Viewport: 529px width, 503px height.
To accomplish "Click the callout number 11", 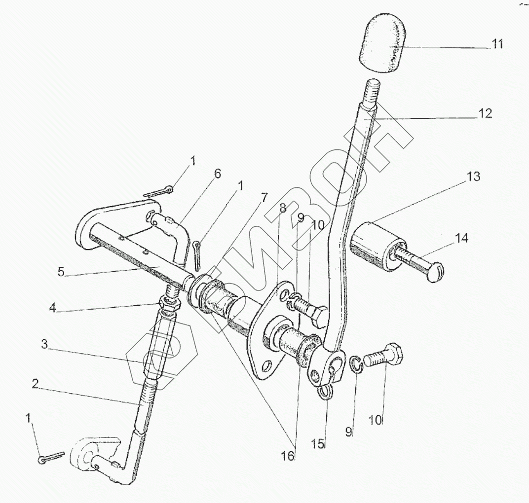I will click(497, 44).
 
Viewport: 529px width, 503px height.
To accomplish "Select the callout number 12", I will click(485, 113).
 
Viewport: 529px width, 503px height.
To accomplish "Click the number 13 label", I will click(473, 177).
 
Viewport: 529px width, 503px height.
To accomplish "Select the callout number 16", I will click(288, 456).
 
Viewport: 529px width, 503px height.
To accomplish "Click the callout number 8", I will click(283, 209).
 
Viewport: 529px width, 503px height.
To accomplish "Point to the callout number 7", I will click(264, 199).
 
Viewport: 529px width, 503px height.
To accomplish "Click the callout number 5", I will click(61, 271).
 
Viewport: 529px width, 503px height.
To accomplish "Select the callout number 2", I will click(35, 384).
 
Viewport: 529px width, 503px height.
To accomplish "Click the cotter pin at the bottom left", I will click(51, 457).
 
